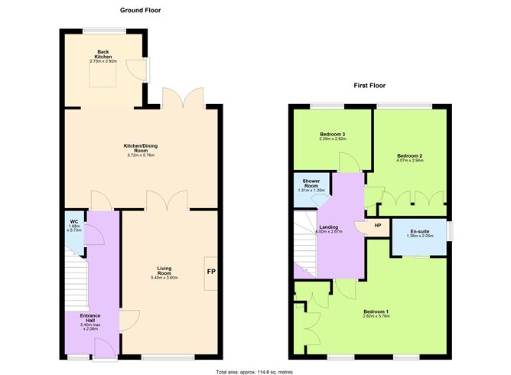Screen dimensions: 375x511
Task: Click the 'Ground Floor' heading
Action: (140, 10)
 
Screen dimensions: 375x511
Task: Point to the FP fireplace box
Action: (210, 272)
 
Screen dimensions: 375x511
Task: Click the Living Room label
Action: (164, 269)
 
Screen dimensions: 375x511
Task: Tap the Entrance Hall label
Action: (91, 316)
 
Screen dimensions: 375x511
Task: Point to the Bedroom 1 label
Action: (376, 311)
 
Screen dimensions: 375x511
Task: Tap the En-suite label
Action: (418, 231)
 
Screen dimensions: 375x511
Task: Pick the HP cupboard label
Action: (378, 226)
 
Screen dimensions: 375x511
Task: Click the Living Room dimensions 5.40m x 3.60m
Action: (164, 278)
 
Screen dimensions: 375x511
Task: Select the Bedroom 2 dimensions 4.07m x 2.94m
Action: (409, 161)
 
